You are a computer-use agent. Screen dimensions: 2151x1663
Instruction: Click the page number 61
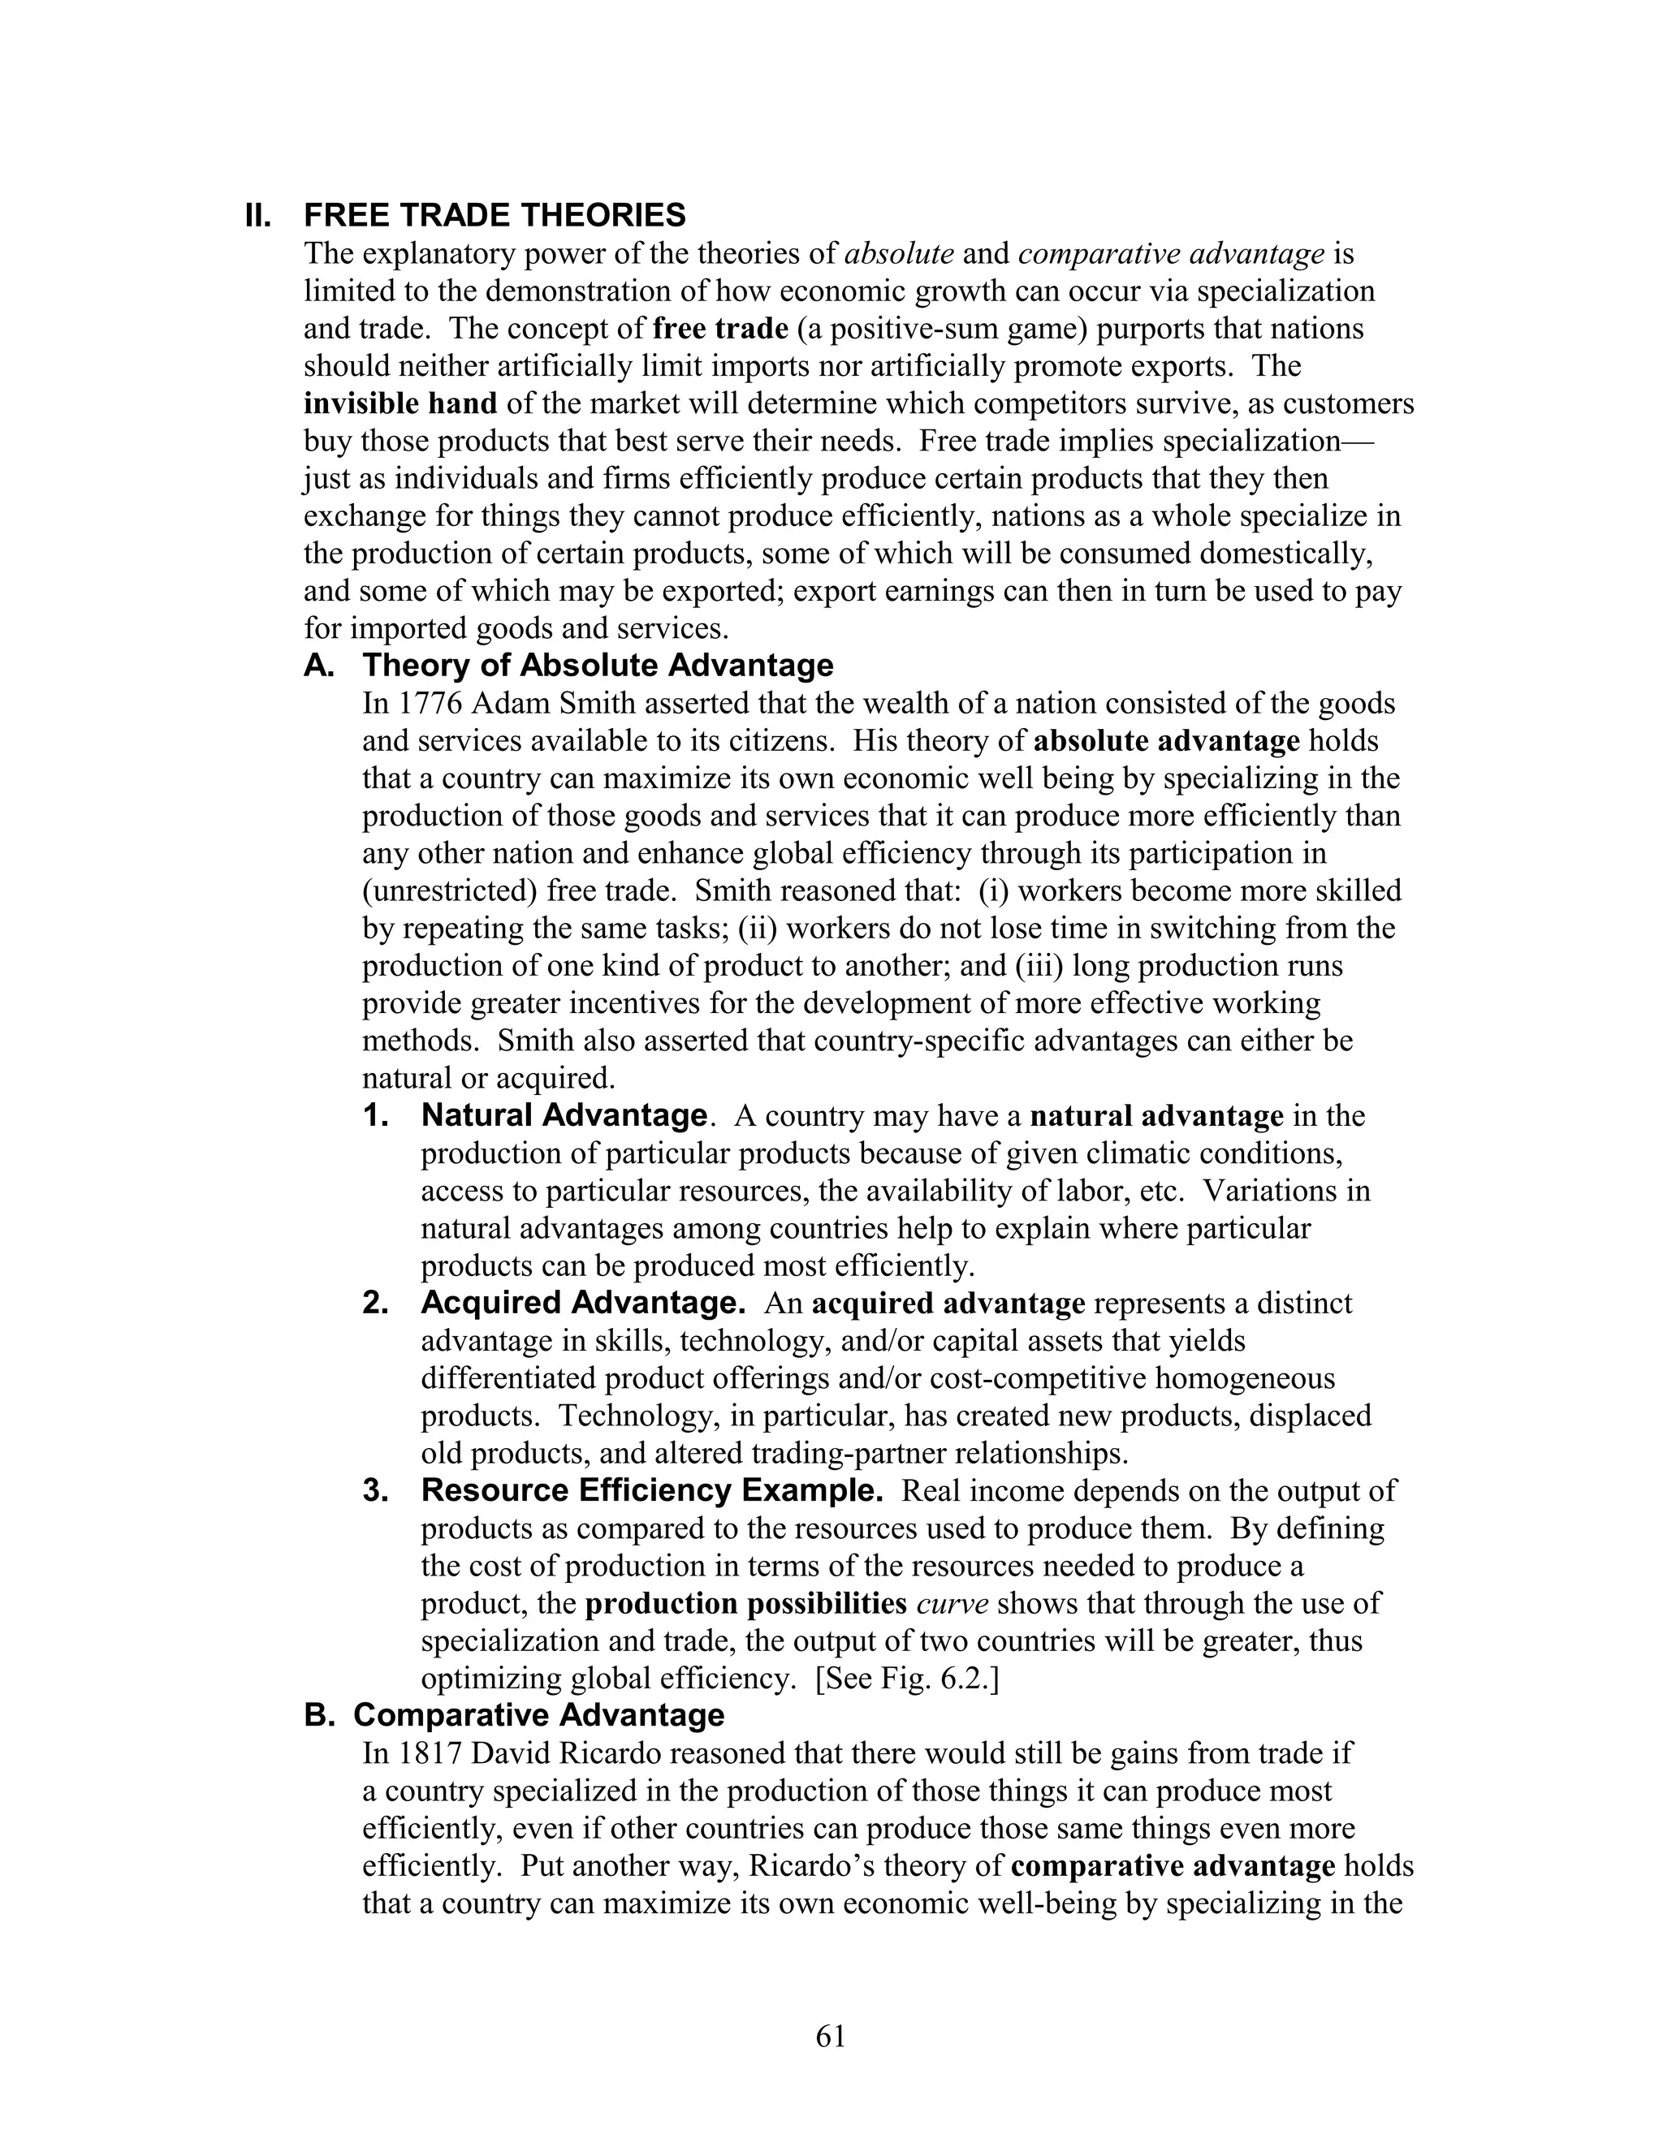tap(831, 2036)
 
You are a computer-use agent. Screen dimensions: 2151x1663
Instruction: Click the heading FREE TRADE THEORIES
tap(495, 215)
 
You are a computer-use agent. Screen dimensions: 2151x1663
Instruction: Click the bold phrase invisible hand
tap(400, 403)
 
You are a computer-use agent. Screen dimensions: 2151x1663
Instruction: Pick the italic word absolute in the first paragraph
tap(900, 254)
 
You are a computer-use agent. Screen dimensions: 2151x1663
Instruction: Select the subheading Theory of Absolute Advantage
tap(597, 666)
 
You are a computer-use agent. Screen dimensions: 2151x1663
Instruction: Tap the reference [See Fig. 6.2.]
tap(907, 1679)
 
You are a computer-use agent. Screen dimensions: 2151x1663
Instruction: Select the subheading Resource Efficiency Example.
tap(651, 1491)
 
